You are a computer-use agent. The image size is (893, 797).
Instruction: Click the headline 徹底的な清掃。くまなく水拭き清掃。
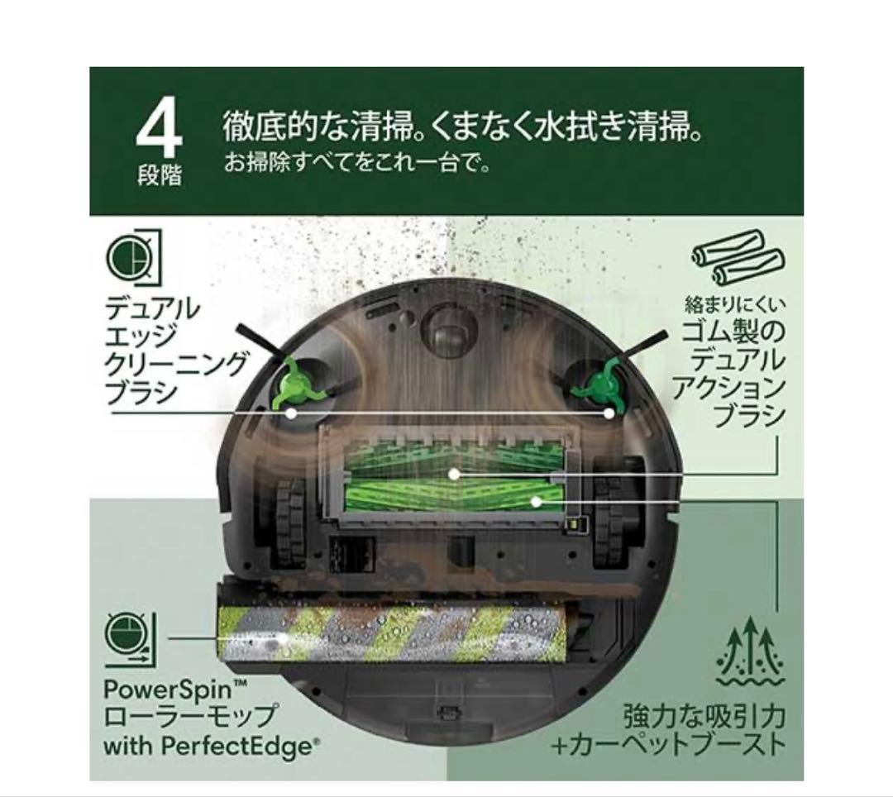click(463, 128)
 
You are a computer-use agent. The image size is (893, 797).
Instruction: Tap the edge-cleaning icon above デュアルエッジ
click(133, 257)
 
